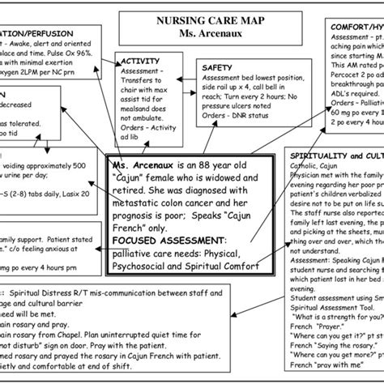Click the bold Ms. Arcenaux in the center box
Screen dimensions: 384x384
[x=139, y=164]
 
